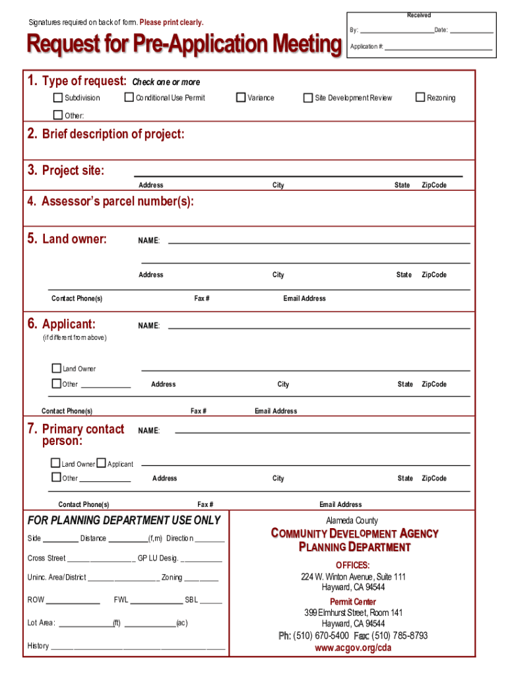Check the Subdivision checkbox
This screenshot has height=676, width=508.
pyautogui.click(x=58, y=98)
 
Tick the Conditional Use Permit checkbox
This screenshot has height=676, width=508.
pyautogui.click(x=129, y=98)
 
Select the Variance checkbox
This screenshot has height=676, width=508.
pyautogui.click(x=241, y=98)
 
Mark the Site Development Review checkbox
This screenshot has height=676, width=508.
pyautogui.click(x=308, y=98)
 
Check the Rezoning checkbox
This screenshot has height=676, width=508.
pyautogui.click(x=420, y=98)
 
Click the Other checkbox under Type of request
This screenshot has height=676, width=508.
pyautogui.click(x=58, y=116)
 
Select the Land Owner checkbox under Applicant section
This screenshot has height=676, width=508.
pyautogui.click(x=56, y=368)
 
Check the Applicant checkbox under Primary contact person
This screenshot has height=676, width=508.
pyautogui.click(x=101, y=463)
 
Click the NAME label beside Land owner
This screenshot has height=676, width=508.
pyautogui.click(x=148, y=241)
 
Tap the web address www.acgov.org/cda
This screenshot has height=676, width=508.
pyautogui.click(x=353, y=648)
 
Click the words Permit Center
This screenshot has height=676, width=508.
pyautogui.click(x=353, y=601)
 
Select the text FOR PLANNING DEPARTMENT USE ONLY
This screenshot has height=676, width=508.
pyautogui.click(x=124, y=520)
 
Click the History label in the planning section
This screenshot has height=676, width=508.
pyautogui.click(x=38, y=646)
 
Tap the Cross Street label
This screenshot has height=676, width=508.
pyautogui.click(x=47, y=558)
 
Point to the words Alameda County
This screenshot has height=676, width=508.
pyautogui.click(x=352, y=521)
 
